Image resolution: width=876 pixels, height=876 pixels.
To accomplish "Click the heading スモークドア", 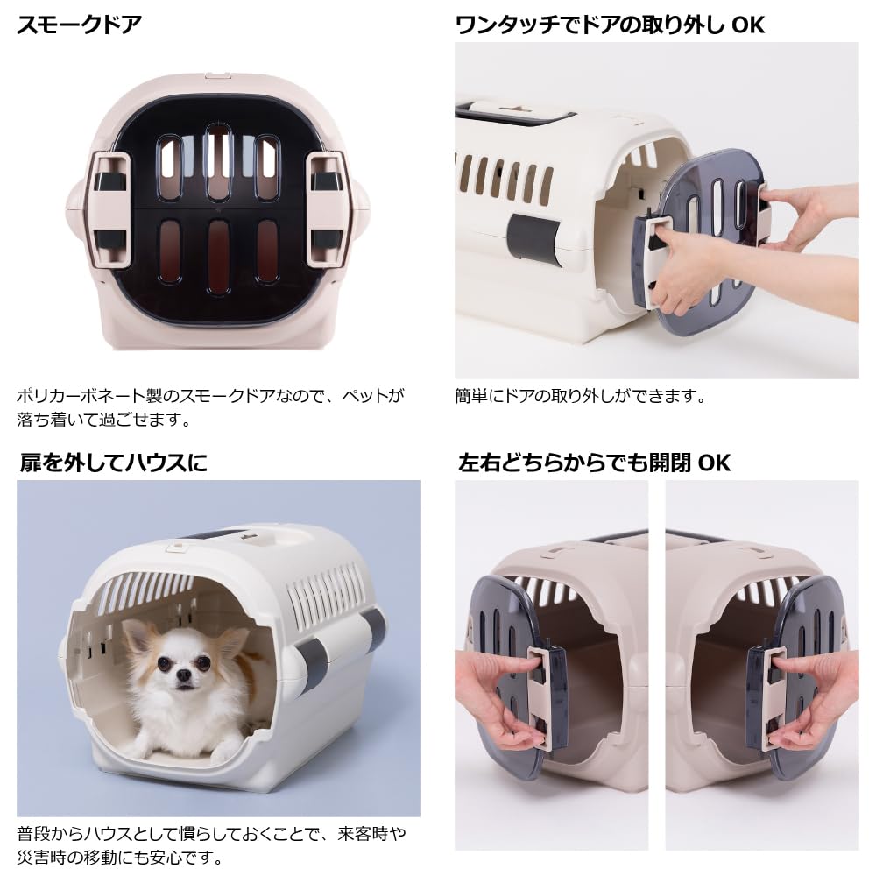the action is point(80,25).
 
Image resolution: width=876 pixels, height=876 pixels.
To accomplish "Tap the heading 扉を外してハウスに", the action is point(113,463).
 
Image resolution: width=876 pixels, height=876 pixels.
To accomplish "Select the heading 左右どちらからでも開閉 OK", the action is point(594,463).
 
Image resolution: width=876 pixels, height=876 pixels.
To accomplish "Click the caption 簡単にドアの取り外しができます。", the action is point(581,396).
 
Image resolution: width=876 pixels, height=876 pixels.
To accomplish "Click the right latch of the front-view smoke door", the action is point(326,208).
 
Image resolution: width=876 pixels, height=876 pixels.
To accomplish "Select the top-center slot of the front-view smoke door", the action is point(218,161).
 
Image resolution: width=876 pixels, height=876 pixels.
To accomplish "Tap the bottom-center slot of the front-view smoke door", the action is point(218,255).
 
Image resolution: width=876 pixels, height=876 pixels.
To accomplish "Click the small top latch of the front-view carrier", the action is point(218,75).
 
